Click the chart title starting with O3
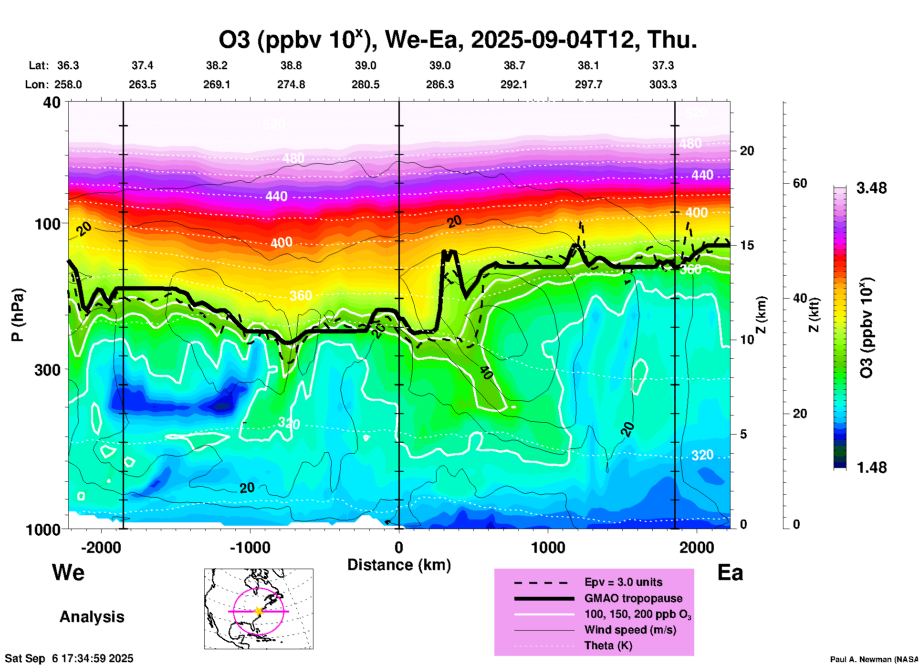pos(457,40)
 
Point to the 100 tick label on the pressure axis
pos(48,224)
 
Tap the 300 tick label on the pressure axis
pos(48,370)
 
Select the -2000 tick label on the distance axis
pos(101,547)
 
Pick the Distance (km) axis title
pos(399,565)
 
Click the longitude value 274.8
pos(291,84)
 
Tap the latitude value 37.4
pos(142,65)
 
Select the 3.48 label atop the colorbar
pos(871,188)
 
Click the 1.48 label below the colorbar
pos(871,468)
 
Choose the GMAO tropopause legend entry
pos(633,598)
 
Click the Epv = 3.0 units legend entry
pos(623,582)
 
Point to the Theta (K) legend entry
pos(608,645)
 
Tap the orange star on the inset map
pos(259,611)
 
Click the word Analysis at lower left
pos(92,617)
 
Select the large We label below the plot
pos(68,572)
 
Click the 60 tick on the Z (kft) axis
pos(800,183)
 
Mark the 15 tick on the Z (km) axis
pos(747,245)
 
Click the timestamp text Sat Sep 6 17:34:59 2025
pos(69,659)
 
